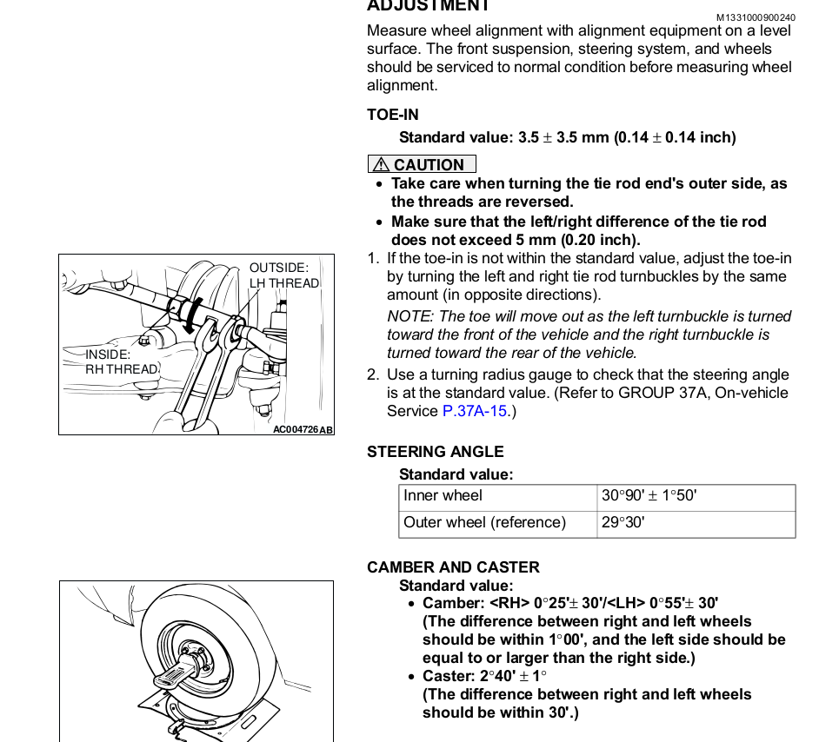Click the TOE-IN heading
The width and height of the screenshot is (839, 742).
(392, 115)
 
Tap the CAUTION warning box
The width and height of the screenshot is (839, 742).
(422, 164)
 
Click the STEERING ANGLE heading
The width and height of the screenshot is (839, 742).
(435, 452)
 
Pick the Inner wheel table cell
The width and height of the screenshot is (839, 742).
(443, 496)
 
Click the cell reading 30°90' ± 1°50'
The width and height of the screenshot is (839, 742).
(649, 496)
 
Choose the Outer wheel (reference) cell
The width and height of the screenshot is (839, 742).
(484, 522)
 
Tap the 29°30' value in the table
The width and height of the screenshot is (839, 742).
(623, 522)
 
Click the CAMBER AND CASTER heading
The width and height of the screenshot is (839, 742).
(453, 567)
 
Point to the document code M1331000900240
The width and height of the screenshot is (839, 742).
(756, 17)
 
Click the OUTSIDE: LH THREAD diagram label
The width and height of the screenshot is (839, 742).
(283, 275)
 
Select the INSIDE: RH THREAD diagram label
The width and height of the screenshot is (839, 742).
(121, 361)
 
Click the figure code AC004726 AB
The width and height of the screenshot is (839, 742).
(302, 429)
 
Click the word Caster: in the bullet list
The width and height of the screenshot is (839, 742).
(449, 676)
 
